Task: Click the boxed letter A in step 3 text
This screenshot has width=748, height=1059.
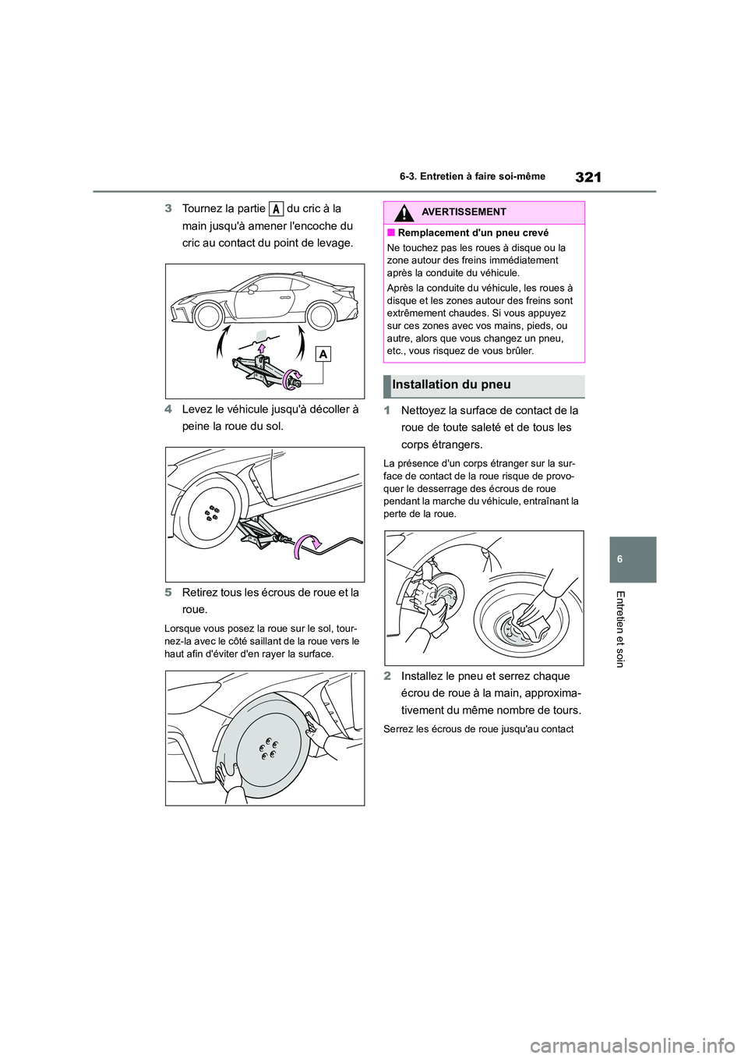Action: [276, 209]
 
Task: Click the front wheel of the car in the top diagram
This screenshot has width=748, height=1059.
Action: [208, 315]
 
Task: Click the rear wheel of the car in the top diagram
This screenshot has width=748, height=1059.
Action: [321, 315]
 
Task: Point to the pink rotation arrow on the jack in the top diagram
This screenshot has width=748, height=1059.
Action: [294, 377]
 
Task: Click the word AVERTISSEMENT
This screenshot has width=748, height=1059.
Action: [464, 212]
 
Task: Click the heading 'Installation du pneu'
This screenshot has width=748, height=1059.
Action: [452, 384]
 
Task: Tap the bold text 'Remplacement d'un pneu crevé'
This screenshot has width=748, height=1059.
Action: [473, 233]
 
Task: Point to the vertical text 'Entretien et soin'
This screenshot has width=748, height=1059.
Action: [620, 629]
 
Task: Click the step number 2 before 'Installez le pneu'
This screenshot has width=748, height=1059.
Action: [386, 676]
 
